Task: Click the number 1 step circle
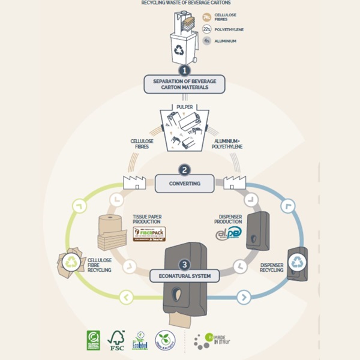click(181, 70)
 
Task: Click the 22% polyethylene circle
click(207, 29)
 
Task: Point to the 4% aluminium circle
click(207, 41)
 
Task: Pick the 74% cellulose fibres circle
click(207, 17)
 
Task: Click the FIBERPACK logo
click(149, 233)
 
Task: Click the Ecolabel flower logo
click(139, 340)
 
